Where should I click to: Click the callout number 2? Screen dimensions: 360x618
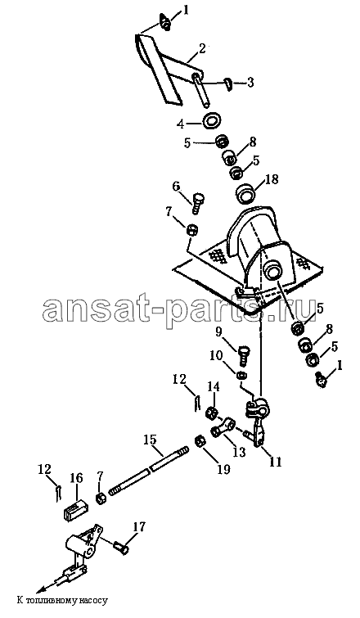tap(201, 49)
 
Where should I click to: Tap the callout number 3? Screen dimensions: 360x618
tap(250, 83)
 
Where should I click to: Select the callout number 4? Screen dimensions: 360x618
tap(180, 124)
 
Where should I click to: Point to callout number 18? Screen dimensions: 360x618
tap(272, 179)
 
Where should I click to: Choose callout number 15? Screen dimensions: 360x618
tap(150, 439)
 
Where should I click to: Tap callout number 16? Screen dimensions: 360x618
tap(76, 479)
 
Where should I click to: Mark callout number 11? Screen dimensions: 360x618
tap(276, 461)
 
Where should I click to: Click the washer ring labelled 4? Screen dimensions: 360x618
tap(212, 120)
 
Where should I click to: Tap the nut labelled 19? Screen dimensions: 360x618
tap(200, 441)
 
